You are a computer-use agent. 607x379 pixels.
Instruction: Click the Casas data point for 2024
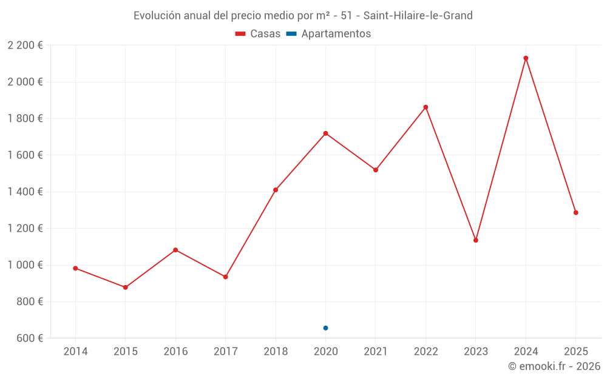click(526, 58)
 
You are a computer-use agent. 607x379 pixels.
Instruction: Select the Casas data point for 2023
click(476, 240)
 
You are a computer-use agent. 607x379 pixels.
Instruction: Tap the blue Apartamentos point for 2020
click(326, 328)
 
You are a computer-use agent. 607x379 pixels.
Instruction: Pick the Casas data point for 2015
click(126, 287)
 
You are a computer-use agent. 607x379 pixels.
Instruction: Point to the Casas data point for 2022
click(426, 107)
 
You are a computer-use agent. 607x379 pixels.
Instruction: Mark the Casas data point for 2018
click(276, 190)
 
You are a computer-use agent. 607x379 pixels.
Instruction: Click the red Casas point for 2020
click(326, 133)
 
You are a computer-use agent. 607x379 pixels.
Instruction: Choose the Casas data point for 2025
click(576, 213)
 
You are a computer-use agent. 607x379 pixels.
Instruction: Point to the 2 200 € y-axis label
click(25, 45)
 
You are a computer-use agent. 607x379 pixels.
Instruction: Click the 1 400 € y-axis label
click(25, 192)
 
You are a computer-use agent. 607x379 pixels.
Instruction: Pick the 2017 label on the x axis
click(226, 352)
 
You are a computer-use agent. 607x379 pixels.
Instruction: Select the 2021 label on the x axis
click(376, 352)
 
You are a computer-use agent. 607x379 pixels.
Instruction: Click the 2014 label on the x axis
click(75, 352)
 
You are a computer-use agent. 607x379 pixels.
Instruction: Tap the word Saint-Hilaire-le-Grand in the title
click(418, 16)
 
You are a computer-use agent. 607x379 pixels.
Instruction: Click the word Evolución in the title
click(157, 16)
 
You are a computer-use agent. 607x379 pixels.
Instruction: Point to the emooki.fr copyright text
click(554, 366)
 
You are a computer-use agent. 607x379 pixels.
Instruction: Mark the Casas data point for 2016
click(175, 250)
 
